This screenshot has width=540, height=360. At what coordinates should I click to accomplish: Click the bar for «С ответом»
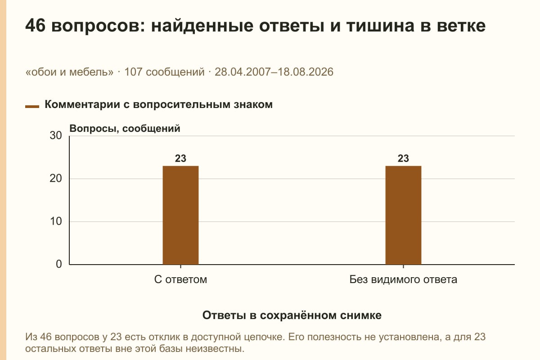pos(180,215)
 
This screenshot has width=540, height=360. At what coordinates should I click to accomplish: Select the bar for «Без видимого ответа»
pos(403,215)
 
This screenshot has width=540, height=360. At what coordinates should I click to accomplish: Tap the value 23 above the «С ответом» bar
pos(180,158)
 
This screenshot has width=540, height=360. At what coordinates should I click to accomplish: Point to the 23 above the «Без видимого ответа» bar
pos(403,158)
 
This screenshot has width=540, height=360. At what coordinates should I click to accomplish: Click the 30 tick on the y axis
pos(56,135)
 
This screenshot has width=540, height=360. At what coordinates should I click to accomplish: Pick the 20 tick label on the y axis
pos(56,179)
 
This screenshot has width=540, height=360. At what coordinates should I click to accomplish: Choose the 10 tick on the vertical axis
pos(56,221)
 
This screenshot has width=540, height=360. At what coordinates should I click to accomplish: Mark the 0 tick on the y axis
pos(59,264)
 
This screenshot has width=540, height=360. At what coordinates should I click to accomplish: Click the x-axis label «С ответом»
pos(180,279)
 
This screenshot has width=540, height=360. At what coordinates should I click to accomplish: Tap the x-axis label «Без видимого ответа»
pos(403,279)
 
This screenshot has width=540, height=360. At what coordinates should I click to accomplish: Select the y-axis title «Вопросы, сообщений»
pos(125,129)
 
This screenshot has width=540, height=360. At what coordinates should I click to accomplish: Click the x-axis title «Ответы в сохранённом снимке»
pos(292,315)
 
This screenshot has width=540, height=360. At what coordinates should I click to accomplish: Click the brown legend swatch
pos(32,106)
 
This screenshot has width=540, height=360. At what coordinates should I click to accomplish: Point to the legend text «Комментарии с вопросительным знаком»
pos(158,105)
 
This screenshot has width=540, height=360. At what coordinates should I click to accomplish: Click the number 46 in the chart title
pos(35,26)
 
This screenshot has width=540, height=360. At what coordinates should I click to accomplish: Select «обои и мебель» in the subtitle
pos(69,72)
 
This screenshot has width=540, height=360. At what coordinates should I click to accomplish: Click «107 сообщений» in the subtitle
pos(164,72)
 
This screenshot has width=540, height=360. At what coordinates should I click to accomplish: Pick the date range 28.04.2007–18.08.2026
pos(274,72)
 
